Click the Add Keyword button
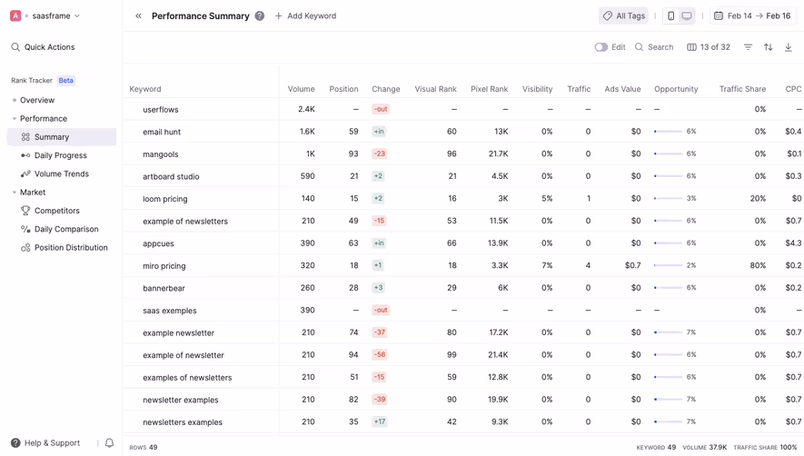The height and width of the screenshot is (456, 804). [x=305, y=16]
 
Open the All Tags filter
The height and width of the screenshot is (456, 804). [x=623, y=16]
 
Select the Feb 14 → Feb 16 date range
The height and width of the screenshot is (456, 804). [x=751, y=16]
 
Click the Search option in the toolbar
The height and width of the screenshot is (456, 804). [x=654, y=47]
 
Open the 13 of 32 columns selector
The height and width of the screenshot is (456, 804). [x=709, y=47]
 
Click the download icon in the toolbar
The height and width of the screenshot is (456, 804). [x=788, y=47]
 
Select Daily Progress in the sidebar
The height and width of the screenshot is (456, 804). [x=60, y=155]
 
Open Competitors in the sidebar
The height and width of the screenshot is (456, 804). [x=56, y=211]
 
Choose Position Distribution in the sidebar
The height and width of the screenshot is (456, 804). [x=70, y=248]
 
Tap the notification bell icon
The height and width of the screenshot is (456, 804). [x=109, y=443]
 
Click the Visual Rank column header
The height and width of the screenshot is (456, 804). [x=435, y=89]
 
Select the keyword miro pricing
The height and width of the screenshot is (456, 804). [x=164, y=266]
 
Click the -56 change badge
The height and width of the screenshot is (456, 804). [x=379, y=355]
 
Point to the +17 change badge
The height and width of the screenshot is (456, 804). [x=379, y=422]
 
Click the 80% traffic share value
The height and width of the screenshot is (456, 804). [x=757, y=266]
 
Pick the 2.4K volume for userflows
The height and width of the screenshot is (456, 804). [x=306, y=110]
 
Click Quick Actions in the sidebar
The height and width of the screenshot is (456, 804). [x=49, y=47]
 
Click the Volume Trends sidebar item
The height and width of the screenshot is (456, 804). [x=61, y=173]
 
